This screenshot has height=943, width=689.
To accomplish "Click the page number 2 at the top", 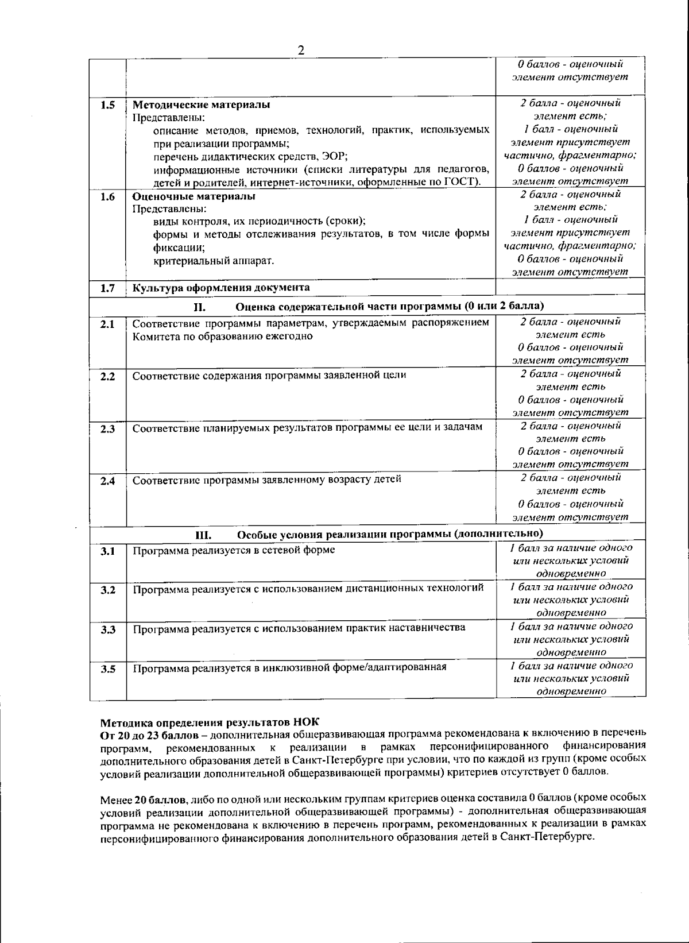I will coord(301,50).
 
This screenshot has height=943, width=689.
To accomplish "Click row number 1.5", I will coord(108,105).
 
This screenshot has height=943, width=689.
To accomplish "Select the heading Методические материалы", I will coord(201,105).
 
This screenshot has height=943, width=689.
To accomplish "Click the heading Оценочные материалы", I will coord(194,196).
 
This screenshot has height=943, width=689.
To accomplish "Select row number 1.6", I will coord(108,197).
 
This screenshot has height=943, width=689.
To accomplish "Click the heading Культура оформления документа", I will coord(221,288).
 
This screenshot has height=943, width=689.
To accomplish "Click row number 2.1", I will coord(108,324).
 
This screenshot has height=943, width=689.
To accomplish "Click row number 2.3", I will coord(108,429).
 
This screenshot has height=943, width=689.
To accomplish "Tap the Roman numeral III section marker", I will coord(204,535).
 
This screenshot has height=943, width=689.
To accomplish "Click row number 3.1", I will coord(108,551).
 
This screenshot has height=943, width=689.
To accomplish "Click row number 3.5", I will coord(108,669).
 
